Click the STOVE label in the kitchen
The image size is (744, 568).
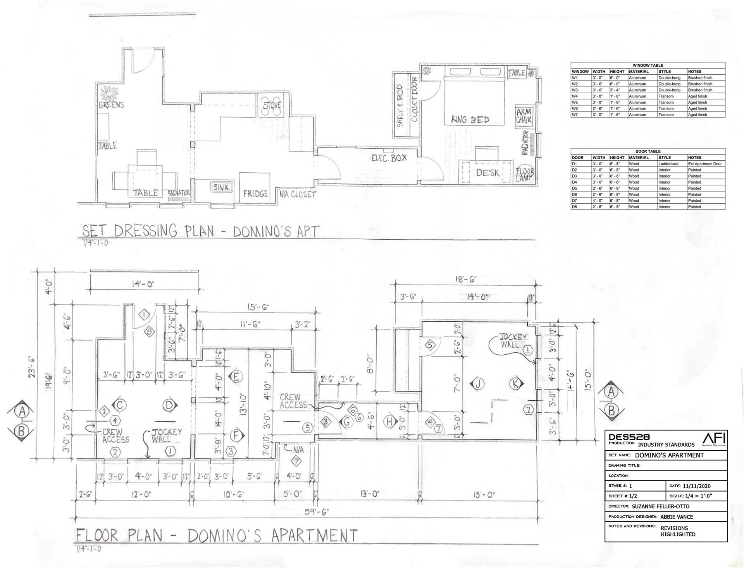pyautogui.click(x=272, y=105)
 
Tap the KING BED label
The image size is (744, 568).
pyautogui.click(x=470, y=120)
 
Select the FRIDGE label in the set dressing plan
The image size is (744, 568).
pyautogui.click(x=255, y=193)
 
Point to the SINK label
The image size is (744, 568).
pyautogui.click(x=221, y=187)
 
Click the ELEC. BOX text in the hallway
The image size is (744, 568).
pyautogui.click(x=389, y=158)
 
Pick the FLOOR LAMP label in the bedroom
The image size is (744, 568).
pyautogui.click(x=525, y=175)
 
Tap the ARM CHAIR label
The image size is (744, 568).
pyautogui.click(x=524, y=116)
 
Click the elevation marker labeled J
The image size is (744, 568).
pyautogui.click(x=478, y=384)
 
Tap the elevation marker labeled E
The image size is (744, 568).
pyautogui.click(x=236, y=376)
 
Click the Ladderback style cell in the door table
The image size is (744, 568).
pyautogui.click(x=668, y=164)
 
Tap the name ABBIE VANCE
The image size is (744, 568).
pyautogui.click(x=677, y=517)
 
